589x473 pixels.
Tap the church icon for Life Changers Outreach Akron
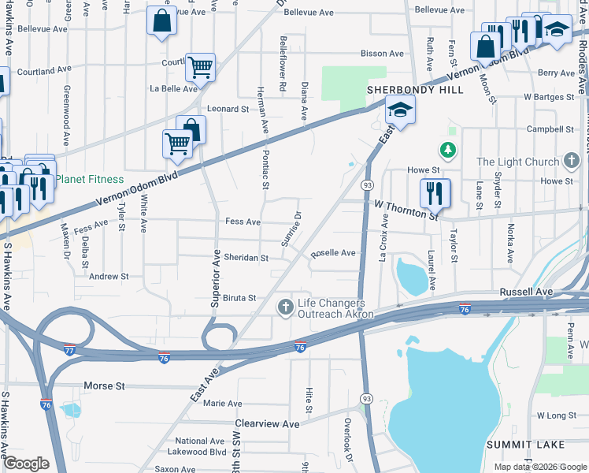pos(285,307)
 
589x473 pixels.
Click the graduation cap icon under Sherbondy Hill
pos(400,112)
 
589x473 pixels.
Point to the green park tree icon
pos(447,149)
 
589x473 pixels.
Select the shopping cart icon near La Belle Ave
pos(201,68)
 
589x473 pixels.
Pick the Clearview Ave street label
pos(268,423)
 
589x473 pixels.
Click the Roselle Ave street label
pos(333,253)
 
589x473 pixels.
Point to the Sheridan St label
pos(246,258)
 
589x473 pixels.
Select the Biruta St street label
pos(240,298)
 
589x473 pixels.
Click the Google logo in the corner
pos(26,464)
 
